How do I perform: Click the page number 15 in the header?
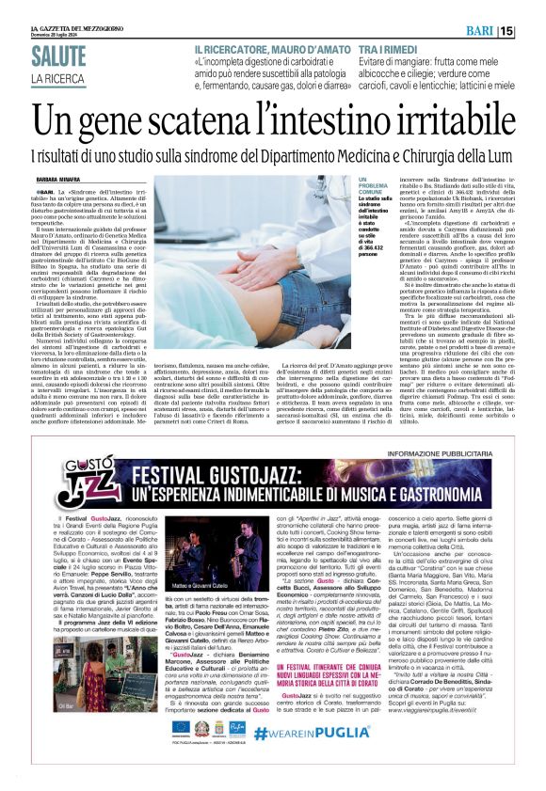coord(533,32)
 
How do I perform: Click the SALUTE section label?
coord(57,55)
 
